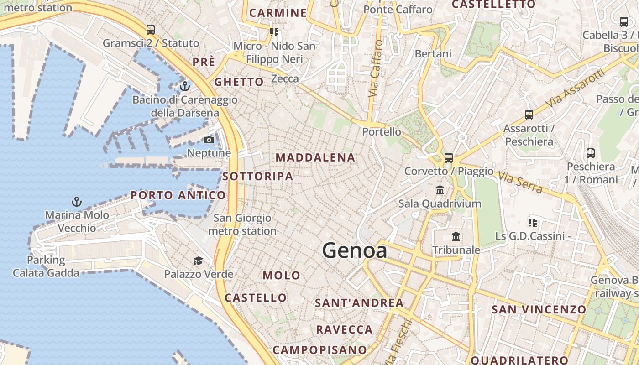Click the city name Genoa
355,250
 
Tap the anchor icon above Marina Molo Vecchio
77,201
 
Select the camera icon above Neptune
209,140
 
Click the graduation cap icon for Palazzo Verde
198,261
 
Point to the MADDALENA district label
315,157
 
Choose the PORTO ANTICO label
178,195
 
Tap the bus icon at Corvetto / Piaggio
449,158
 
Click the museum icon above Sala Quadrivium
440,190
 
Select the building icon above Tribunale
456,236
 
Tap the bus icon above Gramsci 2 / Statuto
151,30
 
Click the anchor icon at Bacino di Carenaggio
185,86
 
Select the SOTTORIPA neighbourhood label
258,176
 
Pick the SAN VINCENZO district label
539,309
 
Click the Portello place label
382,132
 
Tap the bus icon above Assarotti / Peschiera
529,115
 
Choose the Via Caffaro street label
375,68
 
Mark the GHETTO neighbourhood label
239,82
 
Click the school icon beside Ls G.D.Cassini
532,223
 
